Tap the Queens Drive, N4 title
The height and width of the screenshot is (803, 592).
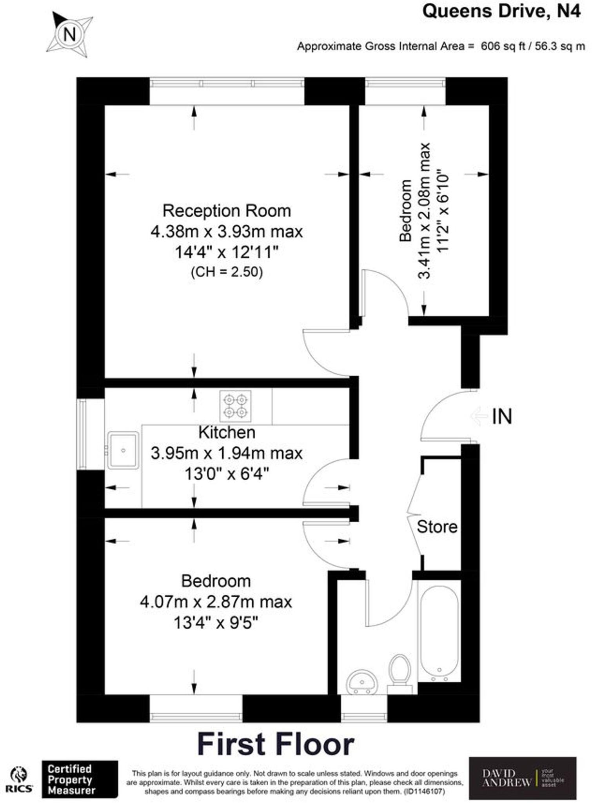[501, 11]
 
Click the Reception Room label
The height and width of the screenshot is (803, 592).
[227, 211]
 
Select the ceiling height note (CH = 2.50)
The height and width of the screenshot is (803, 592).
[227, 272]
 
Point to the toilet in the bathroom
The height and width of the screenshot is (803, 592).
[400, 670]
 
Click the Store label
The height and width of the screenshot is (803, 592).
[437, 527]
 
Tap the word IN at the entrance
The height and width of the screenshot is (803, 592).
[502, 417]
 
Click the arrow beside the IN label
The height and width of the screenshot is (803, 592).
[479, 416]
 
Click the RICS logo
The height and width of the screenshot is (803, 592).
[18, 780]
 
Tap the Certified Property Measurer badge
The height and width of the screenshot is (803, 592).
[80, 779]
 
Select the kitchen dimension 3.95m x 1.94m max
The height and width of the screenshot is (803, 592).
[227, 454]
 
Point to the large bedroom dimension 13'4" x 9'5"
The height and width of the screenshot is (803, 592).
[216, 623]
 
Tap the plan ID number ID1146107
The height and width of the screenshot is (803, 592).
[424, 792]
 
